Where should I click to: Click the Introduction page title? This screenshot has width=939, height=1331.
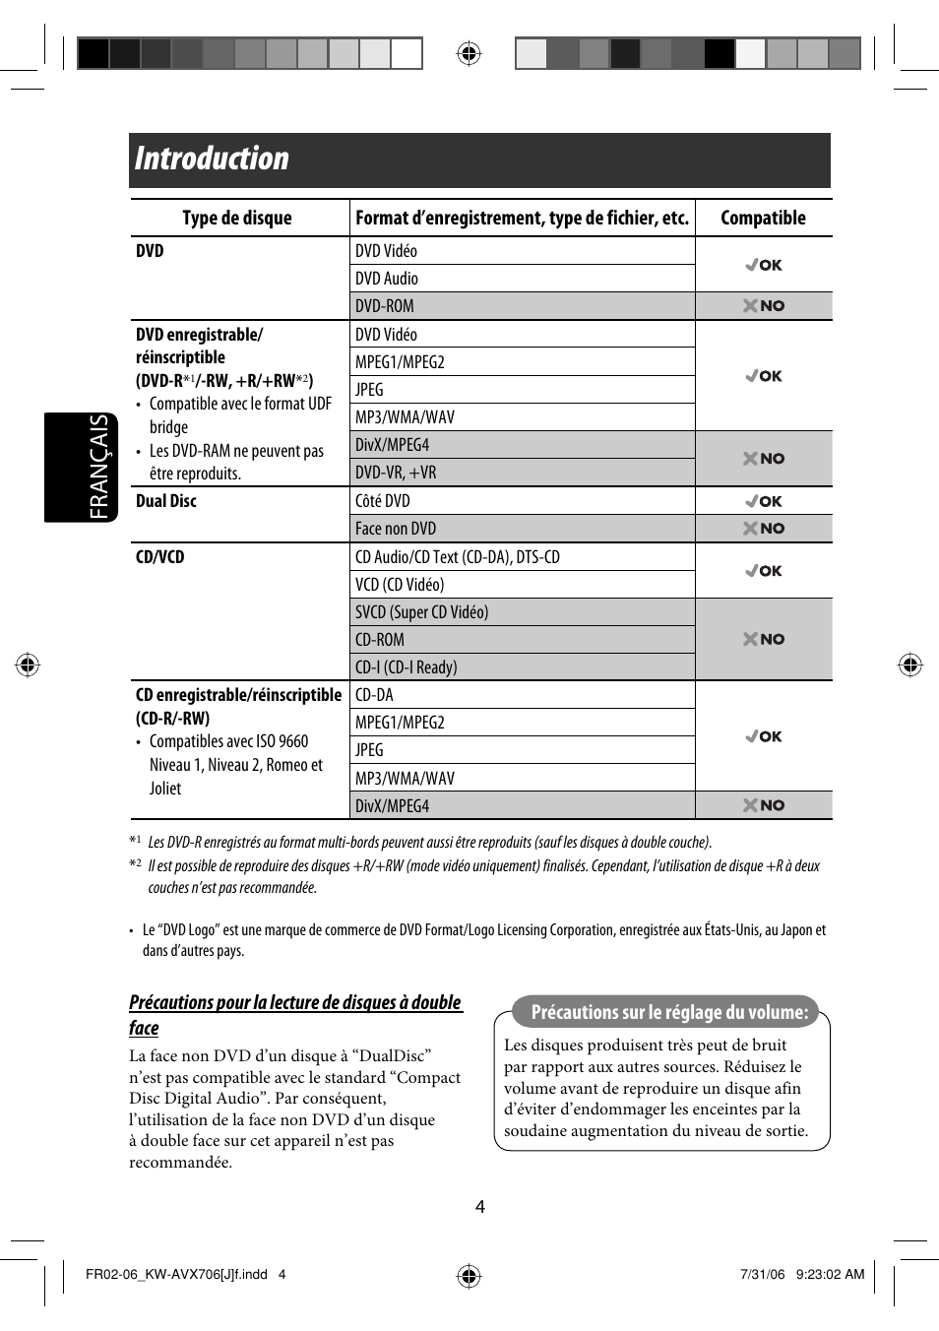click(212, 158)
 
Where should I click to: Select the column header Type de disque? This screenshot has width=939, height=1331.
click(237, 218)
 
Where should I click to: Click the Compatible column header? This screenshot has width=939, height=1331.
click(763, 218)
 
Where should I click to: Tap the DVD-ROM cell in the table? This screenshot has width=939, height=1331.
click(385, 306)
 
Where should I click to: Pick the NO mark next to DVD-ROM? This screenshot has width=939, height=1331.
click(764, 306)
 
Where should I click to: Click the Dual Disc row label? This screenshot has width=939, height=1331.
click(166, 501)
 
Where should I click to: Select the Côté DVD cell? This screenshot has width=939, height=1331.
click(383, 501)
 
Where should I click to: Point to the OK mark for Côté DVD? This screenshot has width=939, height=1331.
click(764, 501)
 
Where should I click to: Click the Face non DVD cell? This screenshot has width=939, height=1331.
click(396, 529)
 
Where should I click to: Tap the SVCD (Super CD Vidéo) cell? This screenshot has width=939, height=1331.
click(421, 612)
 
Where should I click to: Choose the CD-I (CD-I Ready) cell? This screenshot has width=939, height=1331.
click(406, 667)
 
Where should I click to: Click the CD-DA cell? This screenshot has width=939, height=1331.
click(374, 695)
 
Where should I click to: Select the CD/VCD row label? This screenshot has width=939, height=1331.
click(160, 557)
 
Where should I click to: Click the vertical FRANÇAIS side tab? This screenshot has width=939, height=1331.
click(99, 467)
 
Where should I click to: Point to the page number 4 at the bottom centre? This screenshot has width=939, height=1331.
click(480, 1206)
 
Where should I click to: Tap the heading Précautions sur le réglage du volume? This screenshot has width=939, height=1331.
click(669, 1012)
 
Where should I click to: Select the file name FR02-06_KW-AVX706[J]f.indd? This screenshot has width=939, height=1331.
click(177, 1274)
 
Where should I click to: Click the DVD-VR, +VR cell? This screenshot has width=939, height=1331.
click(396, 473)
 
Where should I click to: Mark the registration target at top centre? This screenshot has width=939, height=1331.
click(469, 53)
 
